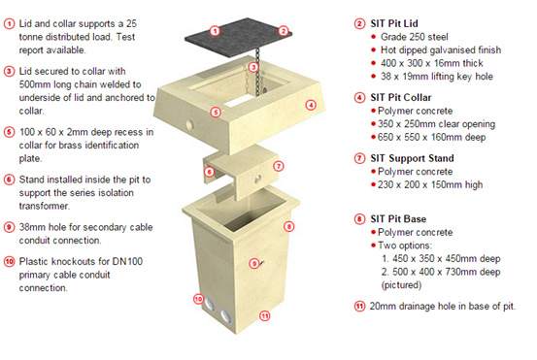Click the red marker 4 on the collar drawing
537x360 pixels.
pyautogui.click(x=311, y=105)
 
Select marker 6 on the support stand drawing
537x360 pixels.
pyautogui.click(x=208, y=172)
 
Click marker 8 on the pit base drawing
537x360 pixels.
pyautogui.click(x=288, y=226)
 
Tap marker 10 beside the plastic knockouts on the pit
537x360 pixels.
pyautogui.click(x=199, y=300)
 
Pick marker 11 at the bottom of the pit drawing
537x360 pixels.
pyautogui.click(x=264, y=316)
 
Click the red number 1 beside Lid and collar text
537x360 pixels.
pyautogui.click(x=10, y=19)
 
